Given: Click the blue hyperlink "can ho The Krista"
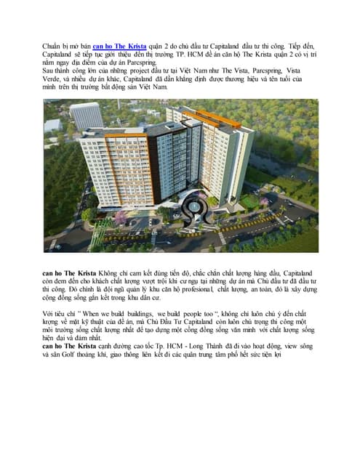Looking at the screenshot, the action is (x=119, y=46).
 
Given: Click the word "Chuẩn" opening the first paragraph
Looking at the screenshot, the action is (x=52, y=46).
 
